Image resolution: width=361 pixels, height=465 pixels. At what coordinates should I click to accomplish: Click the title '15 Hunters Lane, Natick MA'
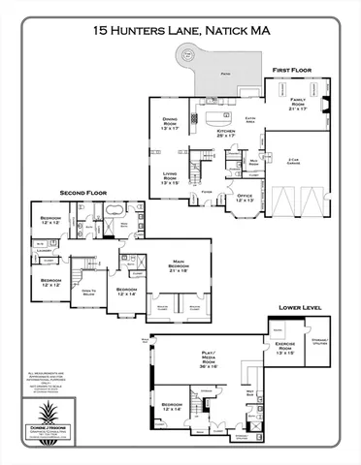coord(180,32)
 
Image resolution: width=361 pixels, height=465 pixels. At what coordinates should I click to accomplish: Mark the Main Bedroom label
coord(178,265)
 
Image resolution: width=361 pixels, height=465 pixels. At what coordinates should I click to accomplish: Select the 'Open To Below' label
coord(86,292)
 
